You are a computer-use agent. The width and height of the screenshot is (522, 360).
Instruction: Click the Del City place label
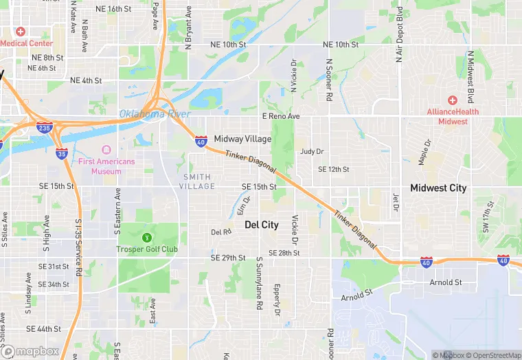[x=262, y=225]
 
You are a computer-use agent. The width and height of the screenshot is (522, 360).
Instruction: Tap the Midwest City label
[x=438, y=188]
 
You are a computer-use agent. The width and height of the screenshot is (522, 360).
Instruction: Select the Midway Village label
[x=242, y=139]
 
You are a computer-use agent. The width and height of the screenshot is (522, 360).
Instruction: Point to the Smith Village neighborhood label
[x=197, y=181]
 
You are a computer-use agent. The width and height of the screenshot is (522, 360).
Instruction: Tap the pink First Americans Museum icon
[x=106, y=150]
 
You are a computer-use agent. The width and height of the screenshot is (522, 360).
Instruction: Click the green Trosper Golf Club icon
[x=146, y=238]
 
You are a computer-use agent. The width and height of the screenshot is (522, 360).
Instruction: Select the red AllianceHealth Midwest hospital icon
[x=452, y=100]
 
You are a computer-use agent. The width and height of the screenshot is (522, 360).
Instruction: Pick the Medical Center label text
[x=26, y=43]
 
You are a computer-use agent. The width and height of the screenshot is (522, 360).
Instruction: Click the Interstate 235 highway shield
[x=44, y=127]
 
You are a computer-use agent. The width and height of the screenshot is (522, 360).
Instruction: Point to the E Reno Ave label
[x=281, y=117]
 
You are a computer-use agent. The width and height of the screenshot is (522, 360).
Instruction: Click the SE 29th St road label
[x=229, y=258]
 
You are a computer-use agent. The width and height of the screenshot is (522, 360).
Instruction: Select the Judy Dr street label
[x=311, y=152]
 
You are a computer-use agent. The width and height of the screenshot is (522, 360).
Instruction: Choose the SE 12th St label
[x=333, y=169]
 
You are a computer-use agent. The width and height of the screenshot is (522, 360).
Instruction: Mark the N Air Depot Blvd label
[x=399, y=34]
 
